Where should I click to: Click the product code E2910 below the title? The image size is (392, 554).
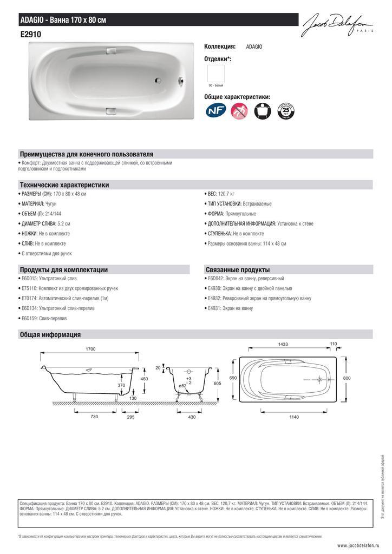31,34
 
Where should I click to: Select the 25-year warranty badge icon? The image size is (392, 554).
285,112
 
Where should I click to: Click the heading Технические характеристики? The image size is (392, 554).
64,185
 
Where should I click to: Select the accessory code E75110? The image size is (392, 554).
30,288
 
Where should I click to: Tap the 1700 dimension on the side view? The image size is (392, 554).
90,349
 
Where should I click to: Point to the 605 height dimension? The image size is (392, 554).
218,383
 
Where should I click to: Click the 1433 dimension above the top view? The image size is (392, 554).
283,344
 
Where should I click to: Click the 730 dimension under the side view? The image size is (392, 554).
94,417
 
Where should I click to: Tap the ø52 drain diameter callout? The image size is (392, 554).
183,385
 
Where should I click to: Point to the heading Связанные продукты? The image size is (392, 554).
238,269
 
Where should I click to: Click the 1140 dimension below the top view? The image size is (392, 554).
294,417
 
